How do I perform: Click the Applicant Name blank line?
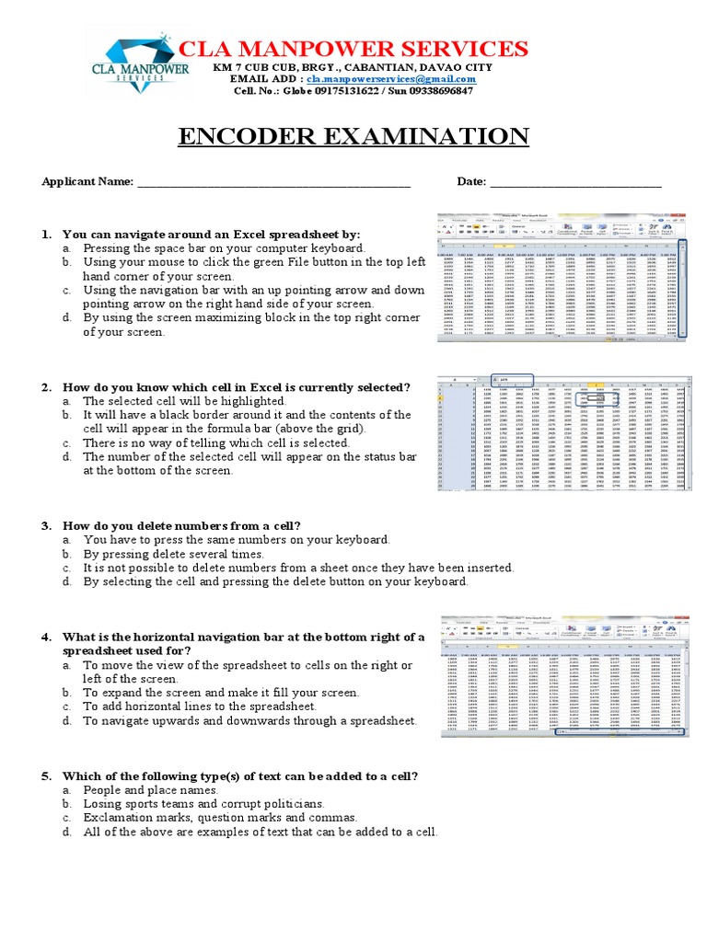coord(273,182)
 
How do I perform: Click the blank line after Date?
coord(575,182)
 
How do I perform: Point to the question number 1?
coord(46,235)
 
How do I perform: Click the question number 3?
coord(46,525)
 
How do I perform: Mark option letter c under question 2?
coord(67,443)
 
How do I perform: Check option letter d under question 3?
coord(67,582)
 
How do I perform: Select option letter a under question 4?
coord(67,665)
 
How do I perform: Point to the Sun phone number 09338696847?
coord(436,92)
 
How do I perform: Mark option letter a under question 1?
coord(67,248)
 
